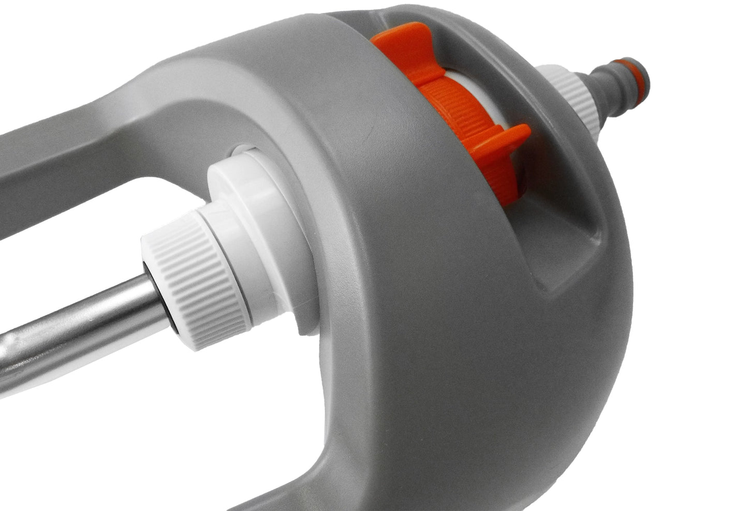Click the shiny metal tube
click(x=67, y=332)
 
